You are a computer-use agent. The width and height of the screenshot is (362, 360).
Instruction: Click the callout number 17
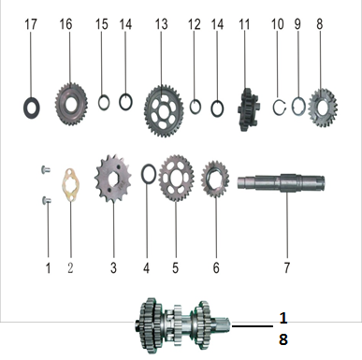click(x=31, y=24)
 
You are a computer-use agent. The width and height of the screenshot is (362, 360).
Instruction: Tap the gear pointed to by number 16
click(x=71, y=104)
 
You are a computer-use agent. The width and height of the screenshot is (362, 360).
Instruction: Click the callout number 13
click(x=161, y=24)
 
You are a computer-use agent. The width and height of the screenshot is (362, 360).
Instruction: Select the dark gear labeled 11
click(x=248, y=109)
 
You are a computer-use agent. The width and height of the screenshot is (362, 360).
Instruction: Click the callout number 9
click(x=297, y=24)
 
